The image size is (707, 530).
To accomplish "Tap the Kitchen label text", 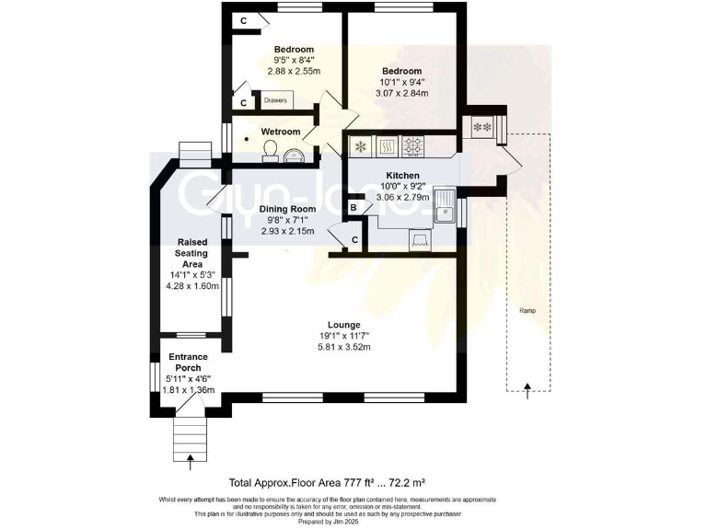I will point(402,175).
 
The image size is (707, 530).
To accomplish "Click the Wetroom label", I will point(280,132).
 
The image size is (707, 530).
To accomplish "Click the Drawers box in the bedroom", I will point(276,100).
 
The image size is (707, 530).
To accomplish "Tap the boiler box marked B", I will point(353,210).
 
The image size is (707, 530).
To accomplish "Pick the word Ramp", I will point(527,310).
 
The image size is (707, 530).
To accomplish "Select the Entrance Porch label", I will point(188,363).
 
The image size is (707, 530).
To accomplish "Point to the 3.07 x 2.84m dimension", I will point(401,93).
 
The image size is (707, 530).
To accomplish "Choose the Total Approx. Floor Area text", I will point(326,481).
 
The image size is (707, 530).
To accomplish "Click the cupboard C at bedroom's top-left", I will point(243,20).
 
